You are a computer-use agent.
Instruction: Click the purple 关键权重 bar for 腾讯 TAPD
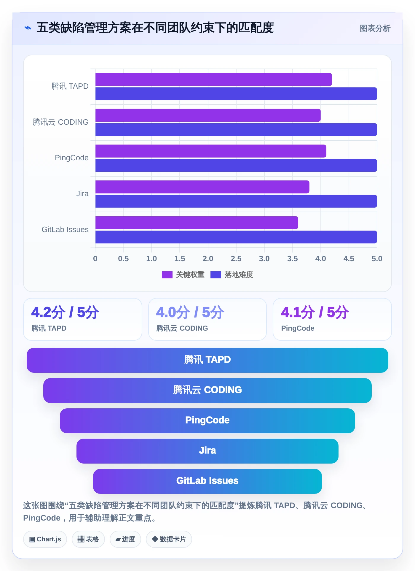tap(213, 80)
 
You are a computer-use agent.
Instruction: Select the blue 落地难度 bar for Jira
tap(236, 201)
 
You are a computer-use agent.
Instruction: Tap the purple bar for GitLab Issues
tap(197, 223)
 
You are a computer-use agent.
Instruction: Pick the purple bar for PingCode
tap(211, 151)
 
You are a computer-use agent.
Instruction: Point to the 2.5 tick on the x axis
tap(236, 258)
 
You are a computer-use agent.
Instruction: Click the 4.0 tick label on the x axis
tap(320, 258)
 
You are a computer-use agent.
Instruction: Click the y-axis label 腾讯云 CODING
tap(60, 122)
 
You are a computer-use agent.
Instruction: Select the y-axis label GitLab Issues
tap(65, 229)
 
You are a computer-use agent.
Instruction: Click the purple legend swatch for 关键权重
tap(167, 275)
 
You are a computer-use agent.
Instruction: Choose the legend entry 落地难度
tap(232, 275)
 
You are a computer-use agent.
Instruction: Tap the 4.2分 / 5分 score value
tap(65, 312)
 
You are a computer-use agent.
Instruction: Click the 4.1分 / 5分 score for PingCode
tap(315, 312)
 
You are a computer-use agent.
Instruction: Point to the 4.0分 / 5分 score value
tap(190, 312)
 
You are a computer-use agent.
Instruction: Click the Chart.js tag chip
tap(45, 539)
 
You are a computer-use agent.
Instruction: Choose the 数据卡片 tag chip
tap(169, 539)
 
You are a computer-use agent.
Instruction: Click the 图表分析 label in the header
tap(375, 28)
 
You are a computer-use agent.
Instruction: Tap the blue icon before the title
tap(28, 28)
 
